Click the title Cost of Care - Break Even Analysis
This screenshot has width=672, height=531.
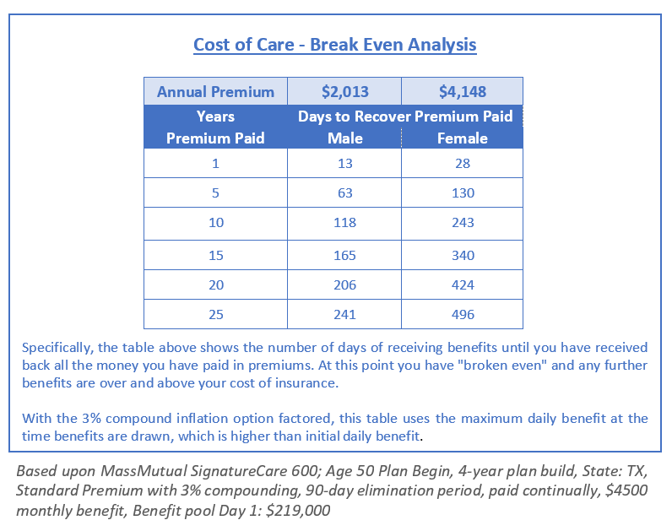(335, 45)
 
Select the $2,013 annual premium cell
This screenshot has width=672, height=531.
(344, 92)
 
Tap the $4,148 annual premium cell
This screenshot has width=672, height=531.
(463, 92)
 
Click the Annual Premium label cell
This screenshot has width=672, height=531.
(215, 92)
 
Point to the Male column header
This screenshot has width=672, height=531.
(344, 138)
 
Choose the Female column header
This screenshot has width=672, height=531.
(463, 138)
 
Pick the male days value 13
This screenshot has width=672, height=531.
(344, 164)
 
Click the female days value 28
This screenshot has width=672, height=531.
(463, 164)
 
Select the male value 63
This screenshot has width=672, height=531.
(344, 193)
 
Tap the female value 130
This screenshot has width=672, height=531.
(463, 193)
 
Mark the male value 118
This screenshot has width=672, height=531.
(344, 223)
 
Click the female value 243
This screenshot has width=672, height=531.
(463, 223)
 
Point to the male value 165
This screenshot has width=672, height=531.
(344, 255)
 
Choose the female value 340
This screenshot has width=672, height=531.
(463, 255)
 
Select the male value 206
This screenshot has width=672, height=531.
(344, 284)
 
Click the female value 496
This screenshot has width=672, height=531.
(463, 315)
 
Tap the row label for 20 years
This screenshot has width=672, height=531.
(215, 284)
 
